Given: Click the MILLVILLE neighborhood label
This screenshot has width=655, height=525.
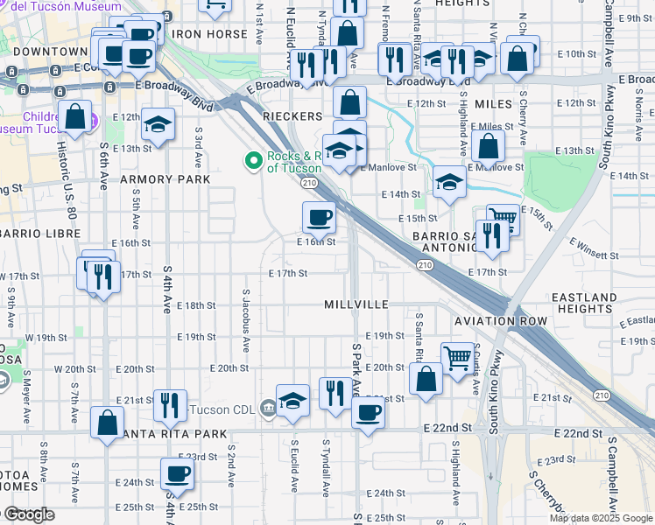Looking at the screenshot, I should pyautogui.click(x=356, y=304).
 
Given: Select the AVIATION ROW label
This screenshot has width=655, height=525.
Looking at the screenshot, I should pyautogui.click(x=501, y=321).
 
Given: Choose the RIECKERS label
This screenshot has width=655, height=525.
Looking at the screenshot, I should pyautogui.click(x=288, y=115).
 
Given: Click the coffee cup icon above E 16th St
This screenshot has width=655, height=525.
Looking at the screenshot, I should pyautogui.click(x=319, y=216).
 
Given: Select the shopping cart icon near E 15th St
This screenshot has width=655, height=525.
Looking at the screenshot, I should pyautogui.click(x=503, y=217).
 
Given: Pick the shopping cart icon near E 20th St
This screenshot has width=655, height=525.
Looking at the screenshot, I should pyautogui.click(x=457, y=357).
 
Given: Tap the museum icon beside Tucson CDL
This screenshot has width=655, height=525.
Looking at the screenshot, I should pyautogui.click(x=269, y=407).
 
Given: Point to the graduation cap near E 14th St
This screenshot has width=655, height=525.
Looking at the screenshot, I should pyautogui.click(x=449, y=182).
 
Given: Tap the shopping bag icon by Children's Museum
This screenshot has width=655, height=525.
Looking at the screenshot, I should pyautogui.click(x=76, y=115).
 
